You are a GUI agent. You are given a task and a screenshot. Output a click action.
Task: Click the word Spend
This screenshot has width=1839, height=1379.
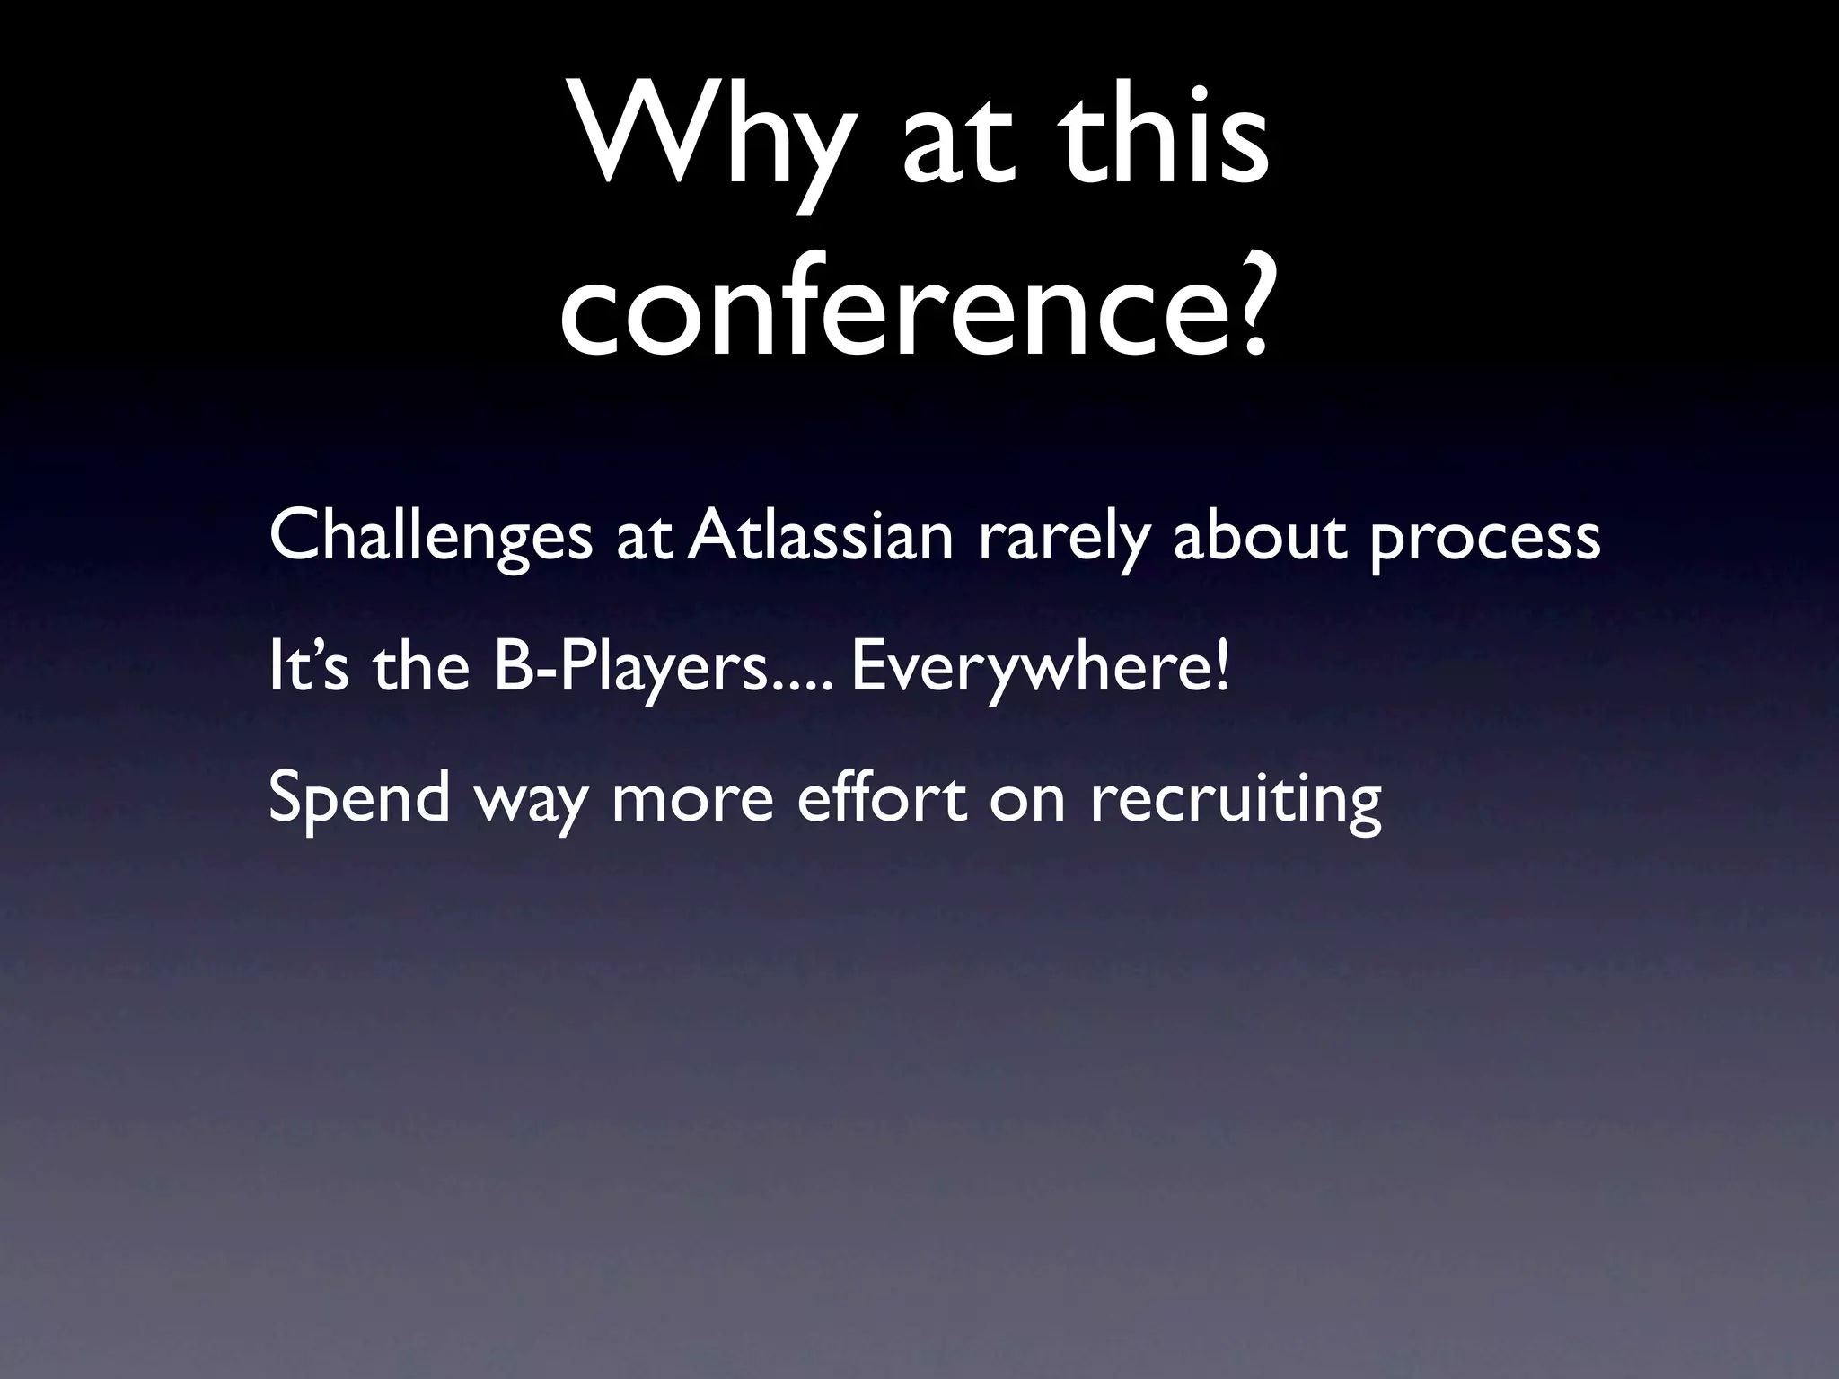click(358, 799)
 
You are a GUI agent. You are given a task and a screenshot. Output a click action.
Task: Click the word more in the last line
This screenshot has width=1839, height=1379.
click(691, 799)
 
